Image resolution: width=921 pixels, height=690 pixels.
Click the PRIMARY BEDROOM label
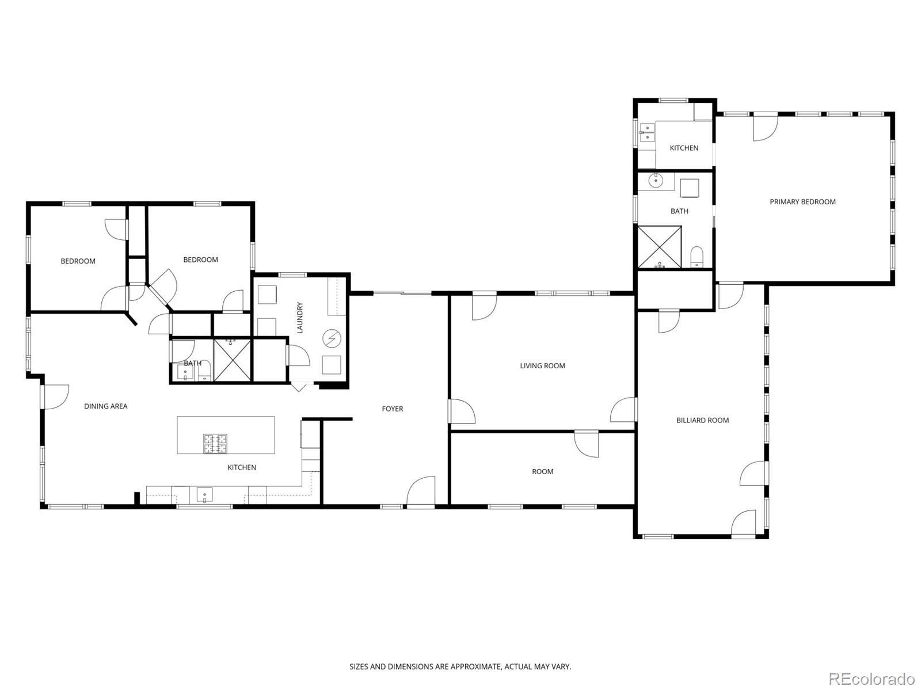point(802,202)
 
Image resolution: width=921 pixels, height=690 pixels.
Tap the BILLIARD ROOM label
point(702,420)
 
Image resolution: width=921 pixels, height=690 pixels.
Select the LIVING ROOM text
point(543,366)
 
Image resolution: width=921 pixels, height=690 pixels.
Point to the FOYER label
point(393,409)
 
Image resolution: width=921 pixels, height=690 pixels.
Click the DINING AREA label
point(106,406)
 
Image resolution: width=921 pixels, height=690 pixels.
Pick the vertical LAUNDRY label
point(299,318)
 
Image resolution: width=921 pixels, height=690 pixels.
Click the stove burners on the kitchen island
point(215,444)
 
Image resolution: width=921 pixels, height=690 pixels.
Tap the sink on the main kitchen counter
point(204,495)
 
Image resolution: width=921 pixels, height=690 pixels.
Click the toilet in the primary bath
point(697,257)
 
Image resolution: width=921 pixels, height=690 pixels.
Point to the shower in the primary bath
point(659,247)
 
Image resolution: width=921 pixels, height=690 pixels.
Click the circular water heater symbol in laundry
point(332,338)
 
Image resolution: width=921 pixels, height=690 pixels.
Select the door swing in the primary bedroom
point(766,128)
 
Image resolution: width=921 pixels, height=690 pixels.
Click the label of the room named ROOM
point(543,471)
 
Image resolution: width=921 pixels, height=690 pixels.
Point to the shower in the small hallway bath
point(232,360)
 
